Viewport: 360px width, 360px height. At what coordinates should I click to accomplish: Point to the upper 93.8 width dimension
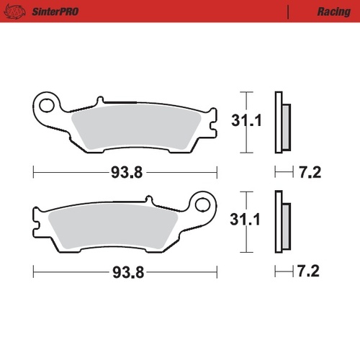[126, 173]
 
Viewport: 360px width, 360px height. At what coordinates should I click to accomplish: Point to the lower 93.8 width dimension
[126, 272]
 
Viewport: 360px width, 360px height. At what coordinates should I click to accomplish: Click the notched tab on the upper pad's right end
[210, 124]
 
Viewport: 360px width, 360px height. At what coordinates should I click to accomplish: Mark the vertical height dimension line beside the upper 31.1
[247, 122]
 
